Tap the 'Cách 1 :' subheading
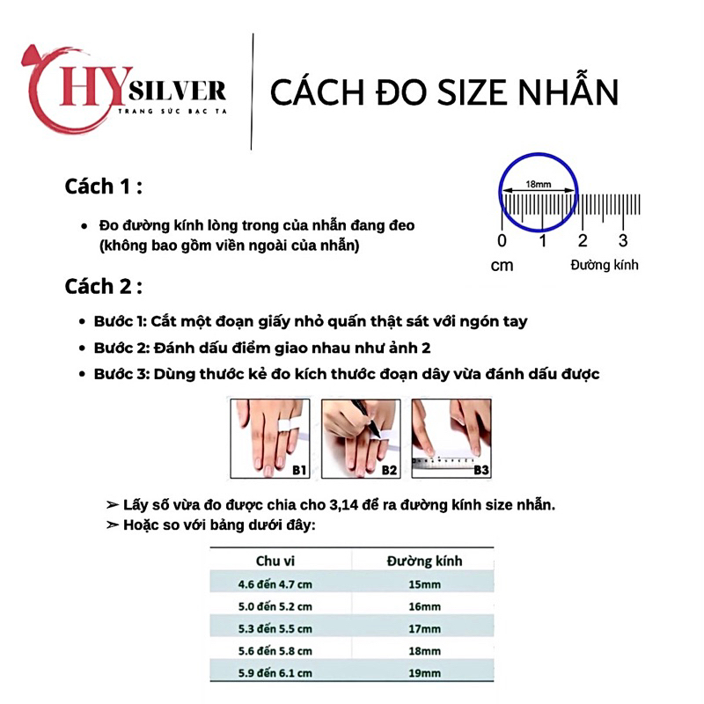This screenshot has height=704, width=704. click(x=104, y=187)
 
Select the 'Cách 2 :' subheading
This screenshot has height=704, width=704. click(x=104, y=286)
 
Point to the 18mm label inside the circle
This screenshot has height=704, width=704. click(x=538, y=184)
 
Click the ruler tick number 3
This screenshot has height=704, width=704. click(x=622, y=241)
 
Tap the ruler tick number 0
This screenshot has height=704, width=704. click(x=502, y=241)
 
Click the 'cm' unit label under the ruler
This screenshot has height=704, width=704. click(x=502, y=265)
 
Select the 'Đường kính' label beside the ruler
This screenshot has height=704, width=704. click(x=604, y=265)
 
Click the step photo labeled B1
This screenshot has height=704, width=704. click(x=269, y=437)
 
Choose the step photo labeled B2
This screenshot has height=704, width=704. click(x=360, y=437)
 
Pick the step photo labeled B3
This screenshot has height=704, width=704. click(x=451, y=437)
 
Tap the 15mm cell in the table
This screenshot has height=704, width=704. click(x=425, y=583)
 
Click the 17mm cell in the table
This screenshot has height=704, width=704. click(x=425, y=629)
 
